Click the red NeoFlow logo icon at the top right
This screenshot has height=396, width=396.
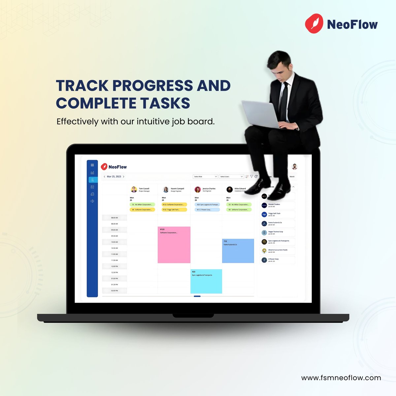pos(313,23)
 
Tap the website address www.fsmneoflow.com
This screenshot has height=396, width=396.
pos(341,378)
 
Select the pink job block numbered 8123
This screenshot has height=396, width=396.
pos(174,245)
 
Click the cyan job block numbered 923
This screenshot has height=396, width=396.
pos(206,281)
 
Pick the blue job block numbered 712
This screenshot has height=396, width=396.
pos(238,251)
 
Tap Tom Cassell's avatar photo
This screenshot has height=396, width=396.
pos(134,189)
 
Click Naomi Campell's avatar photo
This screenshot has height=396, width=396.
pos(166,189)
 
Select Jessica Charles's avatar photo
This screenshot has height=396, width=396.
pos(198,189)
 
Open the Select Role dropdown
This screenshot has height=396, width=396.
pos(205,177)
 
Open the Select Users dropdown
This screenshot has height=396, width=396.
pos(231,177)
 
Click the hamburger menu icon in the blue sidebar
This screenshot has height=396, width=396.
pos(92,165)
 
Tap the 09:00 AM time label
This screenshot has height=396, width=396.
pos(115,230)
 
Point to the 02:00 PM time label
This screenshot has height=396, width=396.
pos(115,291)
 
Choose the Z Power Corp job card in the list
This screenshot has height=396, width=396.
pos(277,260)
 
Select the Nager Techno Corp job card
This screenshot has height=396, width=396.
pos(277,233)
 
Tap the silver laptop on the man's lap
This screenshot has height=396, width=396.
pos(261,114)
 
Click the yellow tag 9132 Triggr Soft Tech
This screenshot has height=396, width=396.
pos(174,210)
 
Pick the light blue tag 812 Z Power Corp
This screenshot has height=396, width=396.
pos(207,210)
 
